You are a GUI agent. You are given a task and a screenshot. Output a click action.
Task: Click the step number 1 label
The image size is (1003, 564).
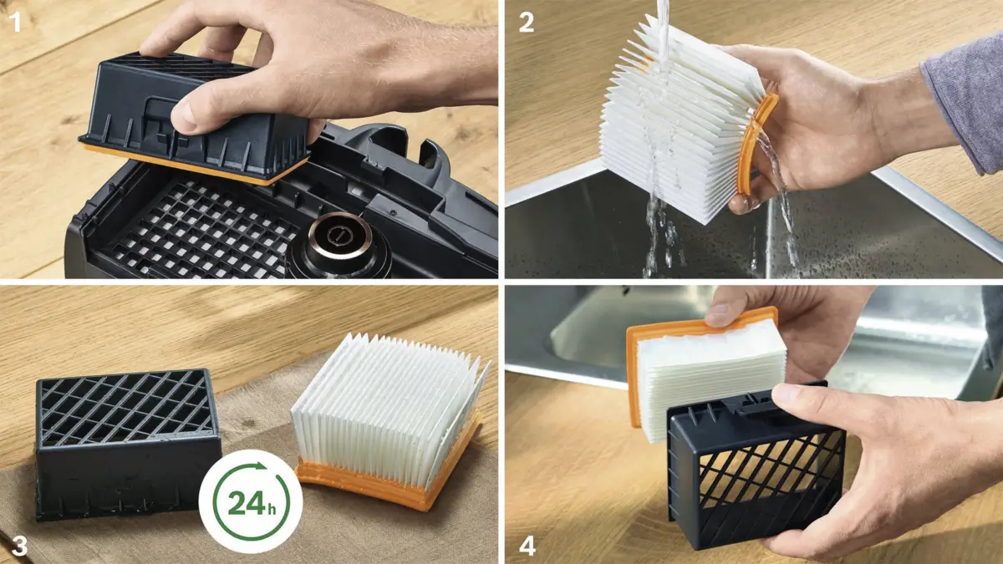click(16, 22)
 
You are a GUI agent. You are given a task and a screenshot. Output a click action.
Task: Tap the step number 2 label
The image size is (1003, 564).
click(526, 23)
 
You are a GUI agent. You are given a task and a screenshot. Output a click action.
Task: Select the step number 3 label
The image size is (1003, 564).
click(19, 546)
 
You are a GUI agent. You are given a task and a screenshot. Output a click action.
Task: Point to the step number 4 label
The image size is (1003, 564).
click(527, 546)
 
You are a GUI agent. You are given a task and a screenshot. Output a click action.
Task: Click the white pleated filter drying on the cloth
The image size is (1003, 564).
click(388, 399)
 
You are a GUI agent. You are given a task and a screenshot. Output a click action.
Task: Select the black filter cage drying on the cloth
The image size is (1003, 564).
click(128, 443)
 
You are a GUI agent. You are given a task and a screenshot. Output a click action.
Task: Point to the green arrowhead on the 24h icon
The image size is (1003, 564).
click(260, 465)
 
